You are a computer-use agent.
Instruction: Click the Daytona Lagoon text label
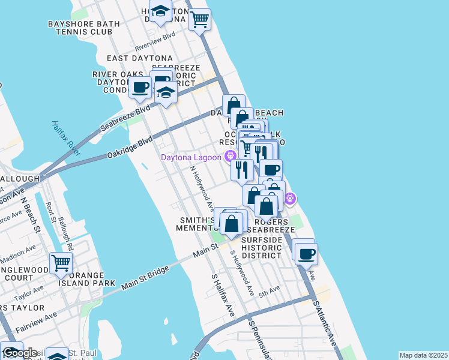click(x=191, y=158)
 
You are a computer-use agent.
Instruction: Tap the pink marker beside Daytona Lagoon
click(x=229, y=157)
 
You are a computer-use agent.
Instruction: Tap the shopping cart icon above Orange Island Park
click(x=61, y=263)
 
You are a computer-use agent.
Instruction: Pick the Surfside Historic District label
click(x=261, y=247)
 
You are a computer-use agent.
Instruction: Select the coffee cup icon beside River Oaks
click(x=140, y=87)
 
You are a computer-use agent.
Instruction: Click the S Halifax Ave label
click(x=222, y=296)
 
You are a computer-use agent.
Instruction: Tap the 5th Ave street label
click(x=269, y=290)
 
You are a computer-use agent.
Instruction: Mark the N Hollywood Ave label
click(x=202, y=188)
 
